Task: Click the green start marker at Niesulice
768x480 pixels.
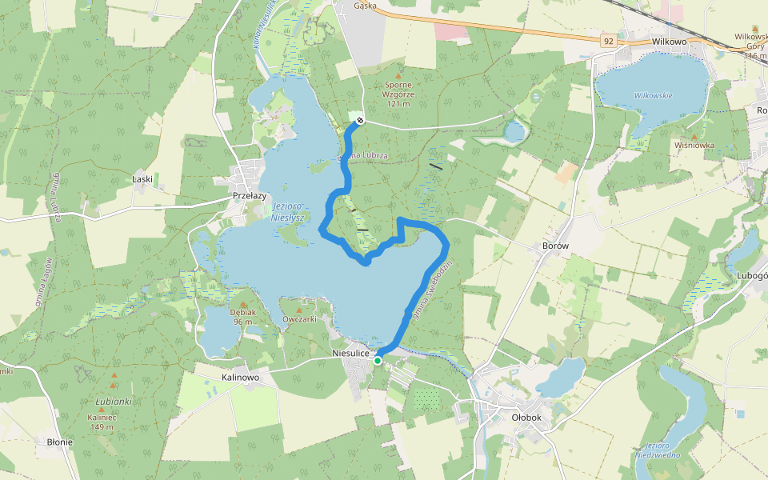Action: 378,361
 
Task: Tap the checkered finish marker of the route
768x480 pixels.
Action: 361,121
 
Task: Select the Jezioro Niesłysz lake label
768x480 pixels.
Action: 285,210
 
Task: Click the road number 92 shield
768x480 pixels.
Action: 610,39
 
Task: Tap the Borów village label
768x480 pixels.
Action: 554,246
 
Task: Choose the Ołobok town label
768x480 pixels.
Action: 526,417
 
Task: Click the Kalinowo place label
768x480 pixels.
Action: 240,377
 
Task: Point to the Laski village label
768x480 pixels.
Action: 142,179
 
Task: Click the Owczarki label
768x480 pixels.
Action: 300,319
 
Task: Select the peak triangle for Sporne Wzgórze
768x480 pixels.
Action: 398,75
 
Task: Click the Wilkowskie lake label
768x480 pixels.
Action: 654,95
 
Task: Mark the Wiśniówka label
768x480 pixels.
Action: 694,146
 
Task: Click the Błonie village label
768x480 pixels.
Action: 60,442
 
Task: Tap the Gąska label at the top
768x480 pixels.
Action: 365,5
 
